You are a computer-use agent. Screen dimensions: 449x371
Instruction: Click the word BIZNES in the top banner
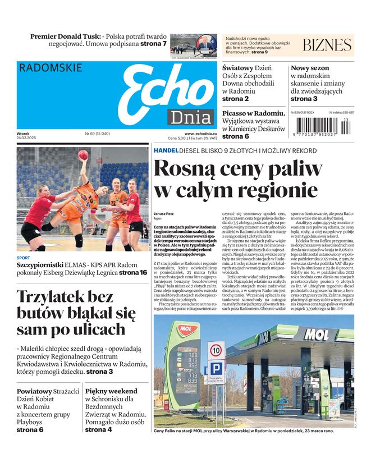[x=327, y=45]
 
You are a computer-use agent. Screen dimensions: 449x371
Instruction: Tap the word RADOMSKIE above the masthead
[x=51, y=68]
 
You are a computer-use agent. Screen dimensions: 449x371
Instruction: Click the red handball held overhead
[x=83, y=155]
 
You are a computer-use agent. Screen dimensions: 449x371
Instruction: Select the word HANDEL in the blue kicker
[x=166, y=151]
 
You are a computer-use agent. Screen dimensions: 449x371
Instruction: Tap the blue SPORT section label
[x=24, y=258]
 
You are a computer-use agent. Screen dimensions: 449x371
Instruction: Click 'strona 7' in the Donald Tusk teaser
[x=153, y=44]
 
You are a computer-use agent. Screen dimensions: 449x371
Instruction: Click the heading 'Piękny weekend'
[x=111, y=391]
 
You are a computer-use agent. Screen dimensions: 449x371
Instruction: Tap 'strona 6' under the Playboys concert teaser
[x=30, y=430]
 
